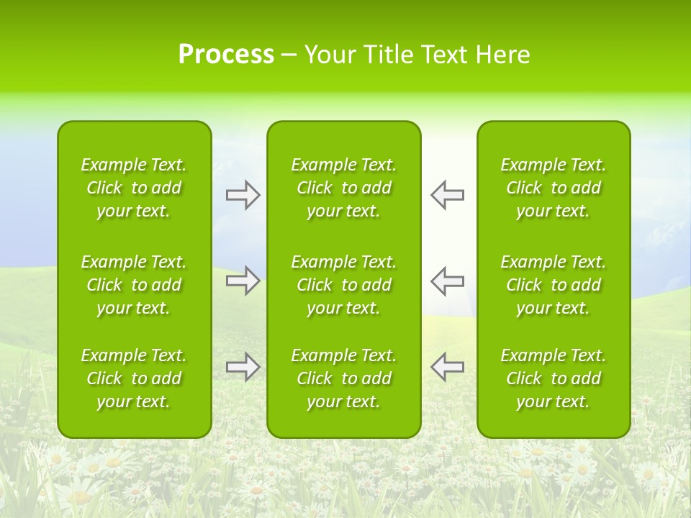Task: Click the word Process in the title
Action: (x=226, y=55)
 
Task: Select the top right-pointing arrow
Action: (x=243, y=195)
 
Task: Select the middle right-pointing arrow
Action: (x=243, y=281)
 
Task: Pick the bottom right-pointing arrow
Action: (x=243, y=367)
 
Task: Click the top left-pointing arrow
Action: (x=447, y=195)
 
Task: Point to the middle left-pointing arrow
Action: (x=447, y=281)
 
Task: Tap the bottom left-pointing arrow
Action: (x=447, y=367)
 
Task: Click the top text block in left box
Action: (x=134, y=188)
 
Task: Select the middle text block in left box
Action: (x=134, y=285)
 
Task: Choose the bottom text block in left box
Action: (x=134, y=378)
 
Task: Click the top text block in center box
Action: (x=343, y=188)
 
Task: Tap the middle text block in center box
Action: (x=343, y=285)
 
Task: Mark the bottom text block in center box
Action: (x=343, y=378)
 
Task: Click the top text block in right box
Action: (x=553, y=188)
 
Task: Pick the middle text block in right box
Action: (x=553, y=285)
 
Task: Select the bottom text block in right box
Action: (x=553, y=378)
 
